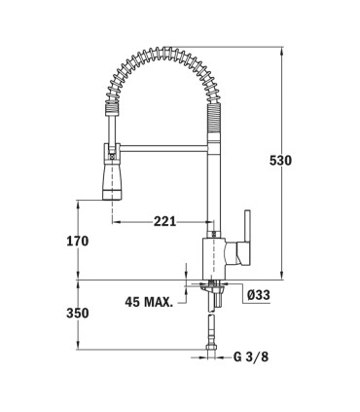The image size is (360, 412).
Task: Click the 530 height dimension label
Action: [x=280, y=161]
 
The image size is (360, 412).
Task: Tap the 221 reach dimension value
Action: [x=164, y=221]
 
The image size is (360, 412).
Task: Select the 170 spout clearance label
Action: [x=78, y=241]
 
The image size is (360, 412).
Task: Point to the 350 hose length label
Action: [x=78, y=314]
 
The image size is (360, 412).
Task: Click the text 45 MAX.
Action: [x=149, y=302]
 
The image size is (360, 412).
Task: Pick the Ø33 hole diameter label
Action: [x=258, y=295]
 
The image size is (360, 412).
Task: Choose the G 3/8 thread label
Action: [x=251, y=357]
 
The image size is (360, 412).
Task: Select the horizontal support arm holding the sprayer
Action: [x=163, y=149]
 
